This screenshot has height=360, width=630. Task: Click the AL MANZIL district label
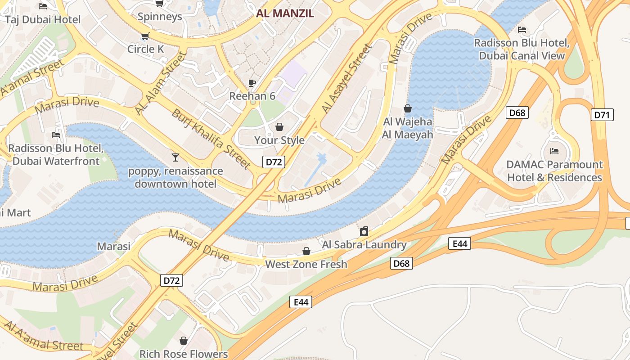tap(285, 13)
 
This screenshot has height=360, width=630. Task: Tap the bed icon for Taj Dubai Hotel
tap(43, 6)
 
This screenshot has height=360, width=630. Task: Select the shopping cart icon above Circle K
tap(145, 36)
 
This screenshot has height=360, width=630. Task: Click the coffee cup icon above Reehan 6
tap(252, 83)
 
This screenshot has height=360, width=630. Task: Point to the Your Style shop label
tap(279, 140)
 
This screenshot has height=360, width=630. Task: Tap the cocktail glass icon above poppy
tap(175, 157)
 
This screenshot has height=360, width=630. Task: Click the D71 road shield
tap(602, 115)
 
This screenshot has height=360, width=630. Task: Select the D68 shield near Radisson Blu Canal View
tap(517, 112)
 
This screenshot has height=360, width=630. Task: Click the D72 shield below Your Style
tap(274, 162)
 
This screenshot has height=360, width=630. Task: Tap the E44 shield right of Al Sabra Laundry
tap(460, 244)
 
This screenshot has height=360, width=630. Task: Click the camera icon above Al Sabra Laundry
tap(364, 232)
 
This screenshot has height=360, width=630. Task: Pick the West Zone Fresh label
tap(306, 264)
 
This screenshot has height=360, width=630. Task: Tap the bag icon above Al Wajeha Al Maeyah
tap(408, 108)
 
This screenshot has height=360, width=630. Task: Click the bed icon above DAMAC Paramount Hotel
tap(554, 151)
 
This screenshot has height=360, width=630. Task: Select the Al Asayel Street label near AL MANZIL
tap(347, 79)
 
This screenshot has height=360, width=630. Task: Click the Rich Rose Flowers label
tap(184, 354)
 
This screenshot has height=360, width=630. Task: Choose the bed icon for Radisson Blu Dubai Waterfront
tap(56, 135)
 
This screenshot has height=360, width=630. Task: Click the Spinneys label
tap(160, 17)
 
